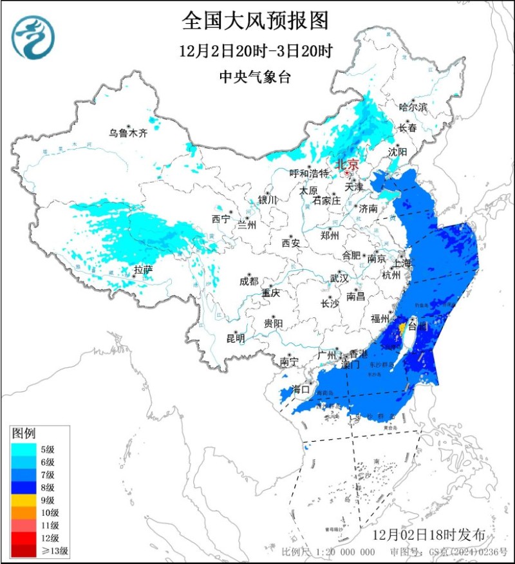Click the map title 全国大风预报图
tap(256, 21)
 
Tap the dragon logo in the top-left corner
tap(33, 37)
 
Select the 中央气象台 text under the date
tap(256, 77)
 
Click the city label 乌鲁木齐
tap(127, 133)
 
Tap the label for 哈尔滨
tap(413, 107)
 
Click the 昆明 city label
tap(236, 338)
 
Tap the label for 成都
tap(248, 281)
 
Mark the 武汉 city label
tap(339, 278)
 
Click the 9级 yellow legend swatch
tap(24, 500)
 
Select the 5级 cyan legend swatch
tap(24, 449)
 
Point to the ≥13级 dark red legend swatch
tap(24, 550)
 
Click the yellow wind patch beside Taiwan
tap(402, 328)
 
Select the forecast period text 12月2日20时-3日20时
tap(256, 51)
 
